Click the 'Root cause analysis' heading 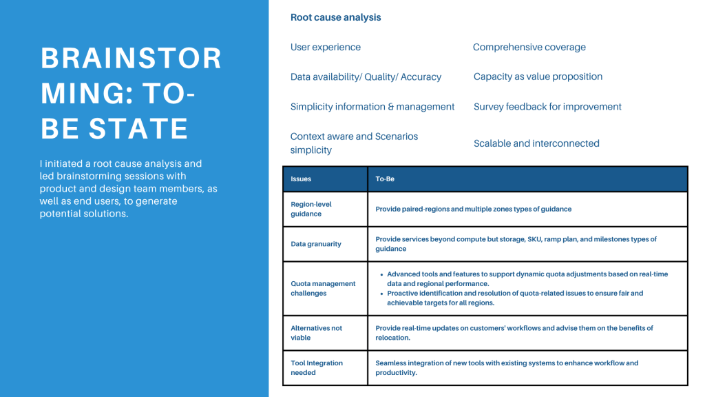[x=335, y=17]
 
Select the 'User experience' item [x=325, y=48]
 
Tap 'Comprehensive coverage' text [x=529, y=48]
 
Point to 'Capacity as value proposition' [x=538, y=77]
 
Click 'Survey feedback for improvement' [x=547, y=107]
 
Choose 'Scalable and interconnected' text [x=536, y=143]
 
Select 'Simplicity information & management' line [x=372, y=107]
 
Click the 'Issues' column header [x=301, y=179]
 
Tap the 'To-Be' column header [x=385, y=179]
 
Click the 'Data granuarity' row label [x=315, y=244]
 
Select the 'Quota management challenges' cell [x=323, y=288]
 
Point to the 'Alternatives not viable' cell [x=316, y=333]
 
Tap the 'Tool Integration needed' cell [x=316, y=367]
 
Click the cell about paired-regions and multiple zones [x=473, y=209]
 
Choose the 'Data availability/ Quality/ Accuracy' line [x=366, y=77]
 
